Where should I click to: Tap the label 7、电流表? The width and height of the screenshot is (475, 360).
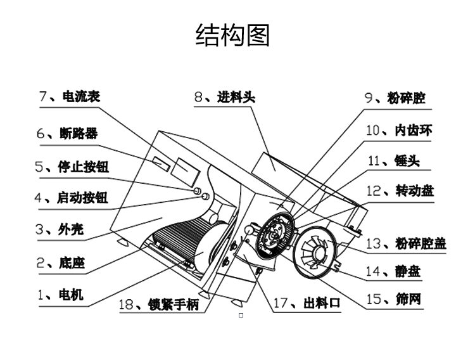tap(70, 97)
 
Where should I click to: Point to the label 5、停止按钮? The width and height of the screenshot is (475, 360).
tap(72, 167)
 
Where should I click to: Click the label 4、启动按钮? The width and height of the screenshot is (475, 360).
tap(71, 198)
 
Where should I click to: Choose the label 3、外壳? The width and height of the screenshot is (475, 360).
tap(59, 229)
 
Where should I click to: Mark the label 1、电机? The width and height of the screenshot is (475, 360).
tap(60, 295)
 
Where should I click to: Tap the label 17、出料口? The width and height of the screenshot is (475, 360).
tap(307, 303)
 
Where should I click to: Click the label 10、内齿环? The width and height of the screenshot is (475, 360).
tap(399, 130)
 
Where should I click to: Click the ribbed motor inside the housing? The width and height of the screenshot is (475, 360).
tap(184, 244)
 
